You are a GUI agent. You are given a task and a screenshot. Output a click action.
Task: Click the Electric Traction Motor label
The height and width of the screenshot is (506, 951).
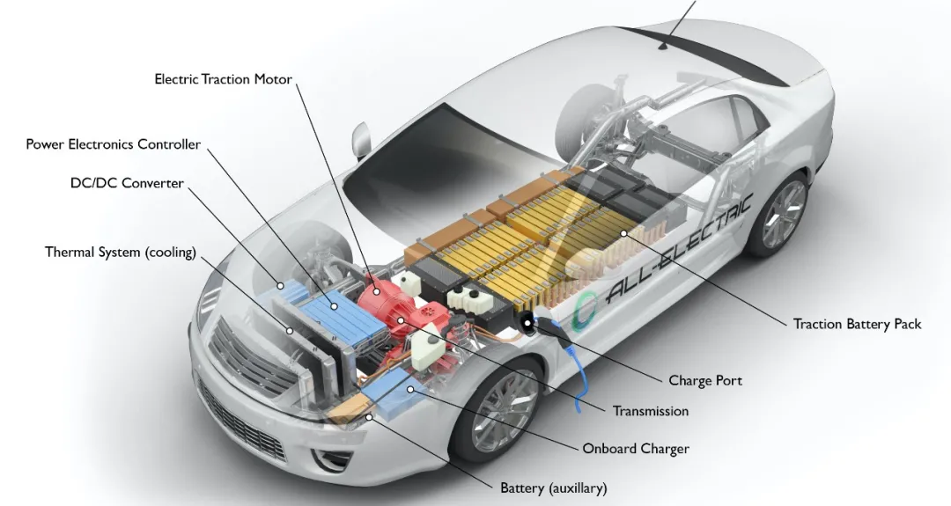[223, 79]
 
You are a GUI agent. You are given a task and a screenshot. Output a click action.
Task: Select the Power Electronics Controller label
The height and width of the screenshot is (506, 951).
[113, 144]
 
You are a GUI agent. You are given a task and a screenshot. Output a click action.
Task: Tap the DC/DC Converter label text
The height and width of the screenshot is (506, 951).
[127, 183]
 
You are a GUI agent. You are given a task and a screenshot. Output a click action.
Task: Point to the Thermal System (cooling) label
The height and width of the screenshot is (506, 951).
[121, 252]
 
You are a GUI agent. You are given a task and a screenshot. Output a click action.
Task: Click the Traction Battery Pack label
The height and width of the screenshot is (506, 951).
[857, 324]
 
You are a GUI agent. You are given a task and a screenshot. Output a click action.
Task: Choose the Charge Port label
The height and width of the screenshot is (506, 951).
[705, 380]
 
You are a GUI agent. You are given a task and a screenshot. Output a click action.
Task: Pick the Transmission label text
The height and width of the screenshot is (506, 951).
[651, 411]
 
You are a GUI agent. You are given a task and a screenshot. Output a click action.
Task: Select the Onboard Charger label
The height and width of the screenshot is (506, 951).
[636, 449]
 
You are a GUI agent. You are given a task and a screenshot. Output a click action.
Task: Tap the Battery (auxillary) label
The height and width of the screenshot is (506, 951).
[553, 488]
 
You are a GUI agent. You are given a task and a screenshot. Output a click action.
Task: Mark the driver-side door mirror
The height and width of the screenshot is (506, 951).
[361, 141]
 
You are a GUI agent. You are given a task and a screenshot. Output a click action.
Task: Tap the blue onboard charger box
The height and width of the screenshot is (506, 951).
[394, 389]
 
